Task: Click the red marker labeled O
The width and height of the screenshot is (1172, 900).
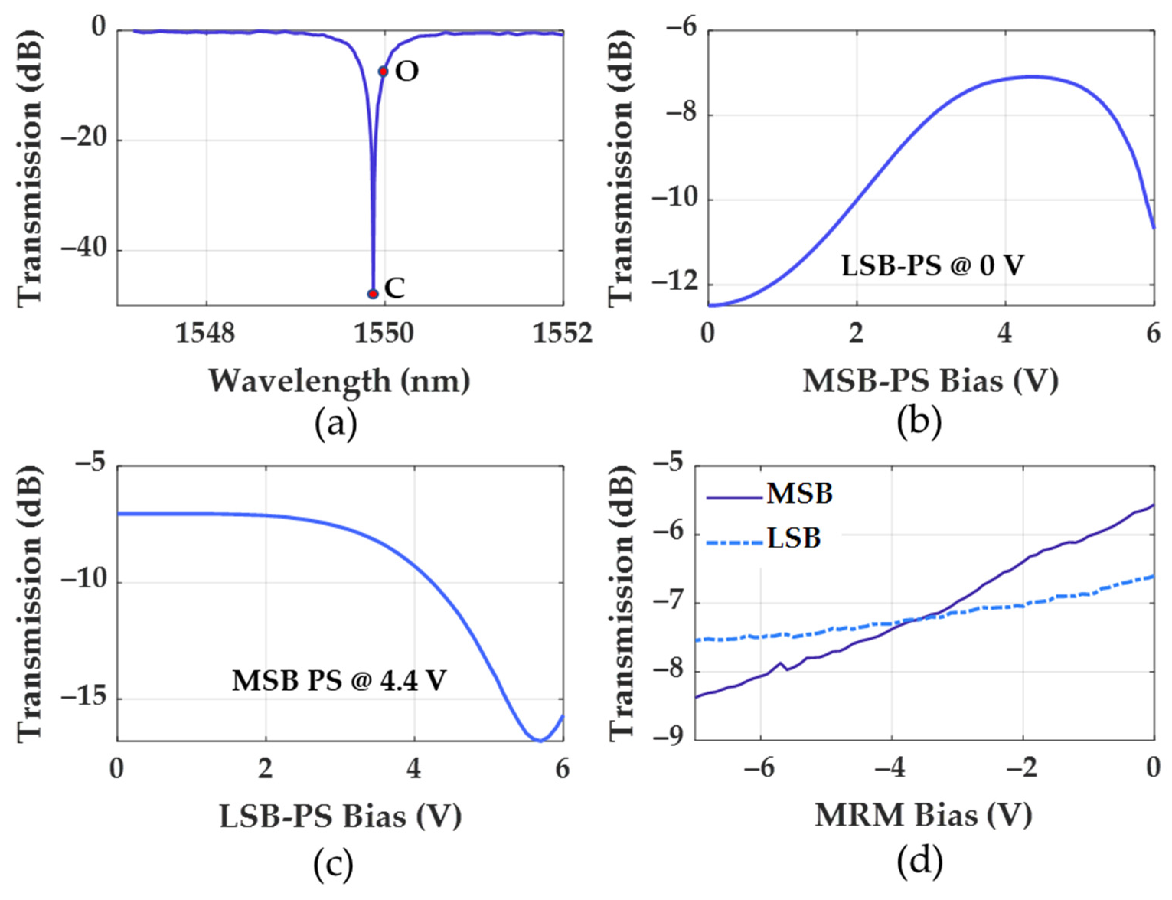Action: [383, 71]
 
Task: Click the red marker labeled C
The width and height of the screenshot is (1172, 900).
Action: [373, 294]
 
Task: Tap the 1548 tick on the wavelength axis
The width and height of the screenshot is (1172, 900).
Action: [206, 333]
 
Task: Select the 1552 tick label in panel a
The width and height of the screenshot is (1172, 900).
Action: [562, 333]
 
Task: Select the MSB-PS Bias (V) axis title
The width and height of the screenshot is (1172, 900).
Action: [930, 381]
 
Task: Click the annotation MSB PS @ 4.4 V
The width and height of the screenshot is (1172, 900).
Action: [338, 681]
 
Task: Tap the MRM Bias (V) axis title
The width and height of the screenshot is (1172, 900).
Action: [924, 816]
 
